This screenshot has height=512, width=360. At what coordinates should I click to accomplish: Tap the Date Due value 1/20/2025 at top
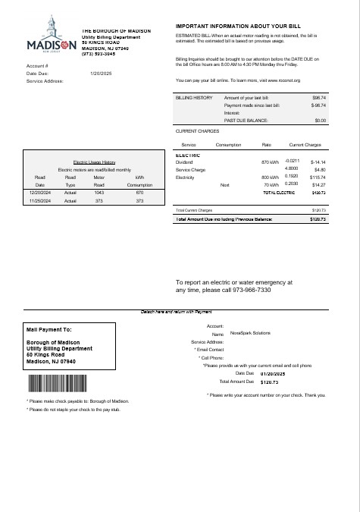[x=100, y=73]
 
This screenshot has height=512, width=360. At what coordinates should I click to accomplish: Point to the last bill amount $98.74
[x=319, y=98]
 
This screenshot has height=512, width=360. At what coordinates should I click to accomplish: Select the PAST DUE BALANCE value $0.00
[x=320, y=120]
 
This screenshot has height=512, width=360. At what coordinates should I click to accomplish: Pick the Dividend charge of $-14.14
[x=318, y=162]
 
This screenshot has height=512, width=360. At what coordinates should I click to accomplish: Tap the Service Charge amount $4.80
[x=319, y=169]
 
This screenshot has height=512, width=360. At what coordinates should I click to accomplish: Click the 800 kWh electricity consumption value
[x=270, y=177]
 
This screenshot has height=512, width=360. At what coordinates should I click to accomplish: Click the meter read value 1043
[x=99, y=193]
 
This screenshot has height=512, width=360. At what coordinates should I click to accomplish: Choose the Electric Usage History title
[x=94, y=162]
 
